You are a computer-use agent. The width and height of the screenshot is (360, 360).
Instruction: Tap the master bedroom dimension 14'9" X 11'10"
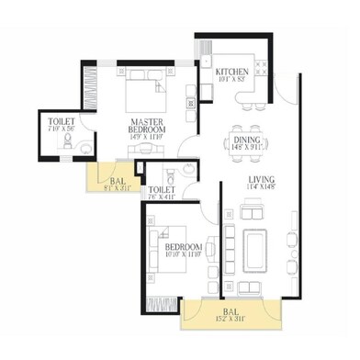(147, 137)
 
